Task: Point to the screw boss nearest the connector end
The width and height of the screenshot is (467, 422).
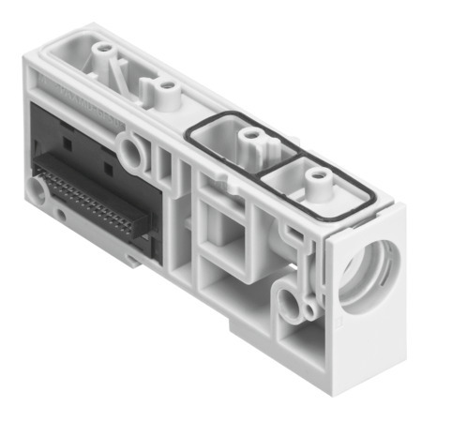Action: [100, 46]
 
